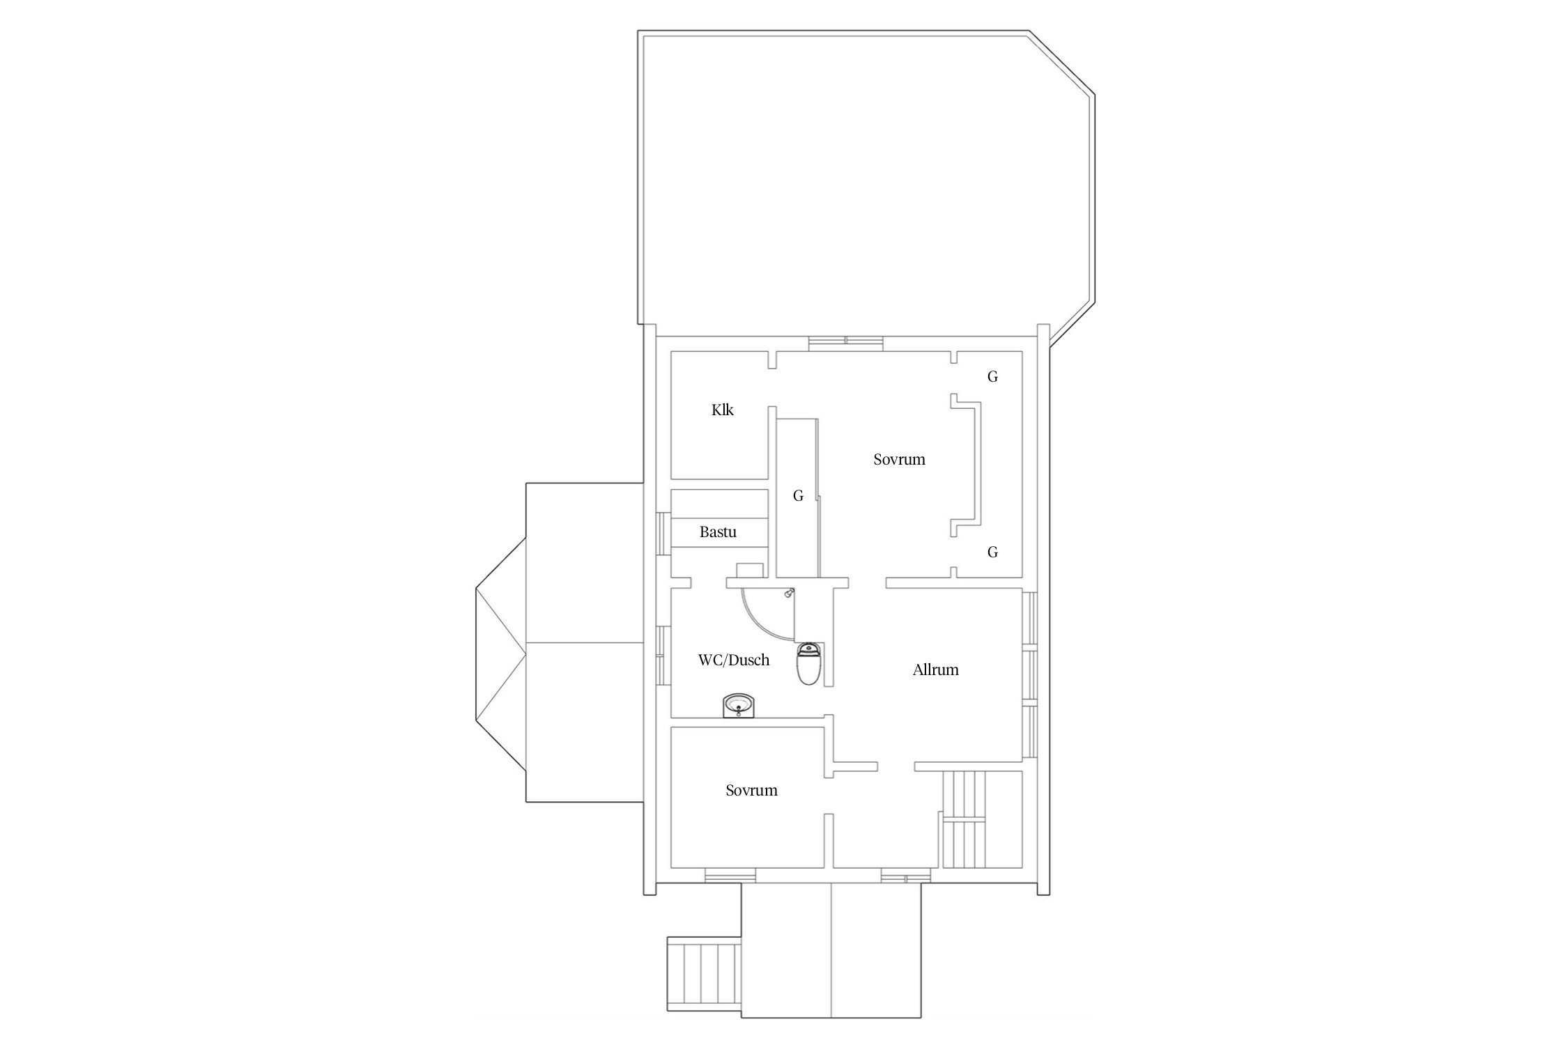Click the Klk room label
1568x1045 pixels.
[x=722, y=410]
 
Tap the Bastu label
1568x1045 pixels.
[x=718, y=532]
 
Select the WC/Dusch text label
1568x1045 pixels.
[x=734, y=660]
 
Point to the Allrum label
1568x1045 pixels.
[x=935, y=670]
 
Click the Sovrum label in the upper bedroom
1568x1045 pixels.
[x=899, y=460]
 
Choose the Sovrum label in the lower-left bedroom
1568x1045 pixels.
[x=751, y=791]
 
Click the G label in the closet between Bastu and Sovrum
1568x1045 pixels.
[x=798, y=496]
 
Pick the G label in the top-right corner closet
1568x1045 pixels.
[x=992, y=377]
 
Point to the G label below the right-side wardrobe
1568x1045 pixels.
[x=992, y=552]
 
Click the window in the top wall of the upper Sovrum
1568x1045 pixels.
[x=847, y=341]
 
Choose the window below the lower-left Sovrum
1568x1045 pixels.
[x=730, y=876]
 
